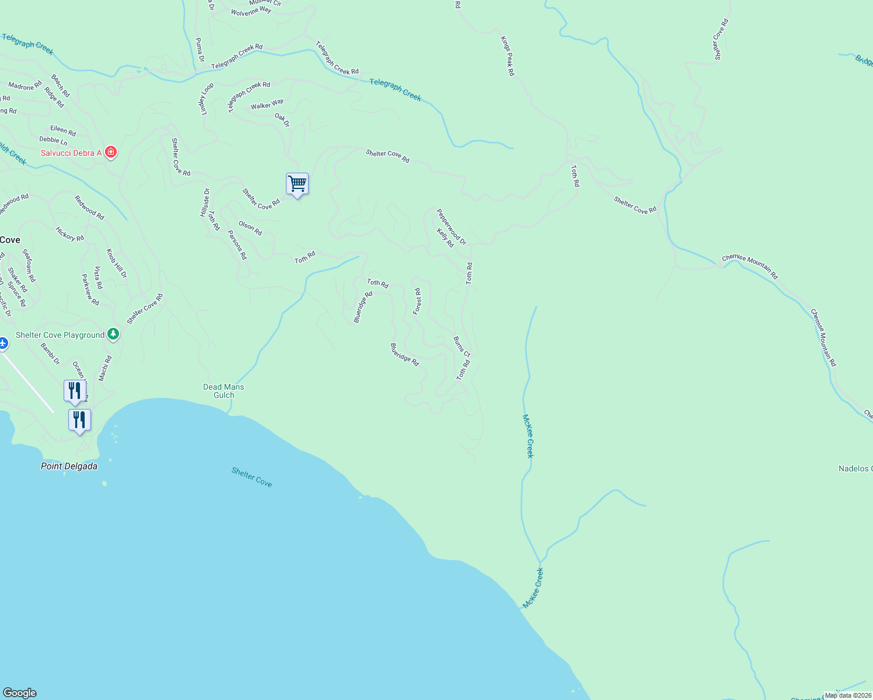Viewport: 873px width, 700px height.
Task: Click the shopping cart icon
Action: (x=297, y=184)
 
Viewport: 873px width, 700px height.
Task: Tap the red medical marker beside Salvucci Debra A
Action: (x=110, y=153)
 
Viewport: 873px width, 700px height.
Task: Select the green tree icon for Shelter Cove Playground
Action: (x=114, y=335)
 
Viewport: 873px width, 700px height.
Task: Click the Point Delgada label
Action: (x=69, y=466)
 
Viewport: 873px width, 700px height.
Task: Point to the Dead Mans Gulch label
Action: (x=224, y=391)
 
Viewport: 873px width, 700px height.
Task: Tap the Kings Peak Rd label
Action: (x=508, y=56)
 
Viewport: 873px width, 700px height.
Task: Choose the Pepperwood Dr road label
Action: (x=452, y=227)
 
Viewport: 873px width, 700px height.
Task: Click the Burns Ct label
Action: (x=462, y=346)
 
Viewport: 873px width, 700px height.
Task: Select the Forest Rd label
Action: (x=417, y=301)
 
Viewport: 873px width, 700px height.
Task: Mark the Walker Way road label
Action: (x=267, y=104)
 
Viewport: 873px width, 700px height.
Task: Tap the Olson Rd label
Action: (x=250, y=228)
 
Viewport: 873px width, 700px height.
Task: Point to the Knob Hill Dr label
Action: (x=116, y=264)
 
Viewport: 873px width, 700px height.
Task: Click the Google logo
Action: (x=19, y=693)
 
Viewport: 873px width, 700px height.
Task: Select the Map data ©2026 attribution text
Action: (x=847, y=695)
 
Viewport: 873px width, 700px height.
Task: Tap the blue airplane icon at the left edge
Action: (x=2, y=343)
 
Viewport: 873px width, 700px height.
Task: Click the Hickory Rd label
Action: (x=70, y=234)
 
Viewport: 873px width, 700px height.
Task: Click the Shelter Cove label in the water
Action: (x=252, y=477)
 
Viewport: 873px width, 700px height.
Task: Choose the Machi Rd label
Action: (x=105, y=369)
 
